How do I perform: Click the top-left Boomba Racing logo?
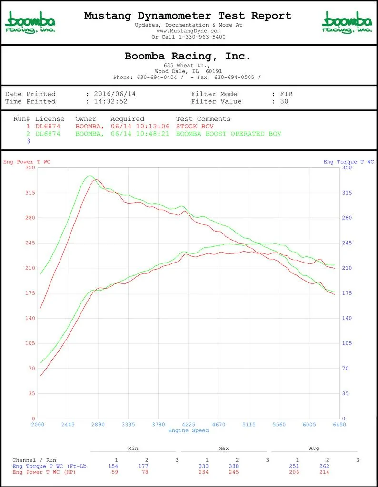pos(30,22)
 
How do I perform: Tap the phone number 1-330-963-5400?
pos(202,37)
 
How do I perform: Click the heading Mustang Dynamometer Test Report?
pos(188,16)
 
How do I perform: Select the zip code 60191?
pos(214,71)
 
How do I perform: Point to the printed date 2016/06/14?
pos(115,94)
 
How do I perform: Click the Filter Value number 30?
pos(284,101)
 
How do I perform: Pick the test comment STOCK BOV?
pos(195,127)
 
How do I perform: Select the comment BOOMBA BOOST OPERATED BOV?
pos(229,134)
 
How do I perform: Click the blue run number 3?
pos(28,141)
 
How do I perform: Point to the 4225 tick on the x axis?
pos(189,425)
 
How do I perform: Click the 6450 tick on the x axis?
pos(339,425)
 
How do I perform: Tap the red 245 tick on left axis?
pos(30,243)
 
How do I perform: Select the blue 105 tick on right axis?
pos(347,343)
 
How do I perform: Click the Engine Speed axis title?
pos(189,431)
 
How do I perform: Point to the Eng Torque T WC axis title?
pos(349,162)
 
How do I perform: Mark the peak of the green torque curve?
pos(90,176)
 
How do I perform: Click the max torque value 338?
pos(234,466)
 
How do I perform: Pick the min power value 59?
pos(115,472)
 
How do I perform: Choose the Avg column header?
pos(314,448)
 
